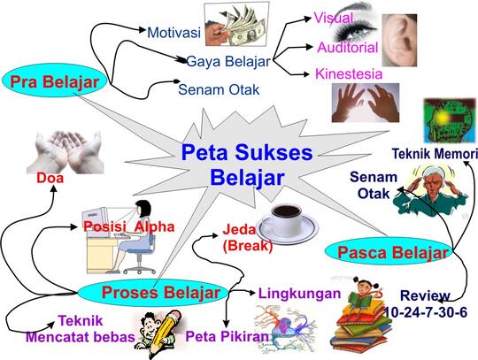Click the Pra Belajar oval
point(54,80)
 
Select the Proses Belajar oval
point(153,293)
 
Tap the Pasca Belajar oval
point(389,251)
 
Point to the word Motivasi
point(173,33)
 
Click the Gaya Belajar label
point(228,62)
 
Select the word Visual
point(334,18)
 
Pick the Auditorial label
point(348,48)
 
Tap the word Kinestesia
point(349,74)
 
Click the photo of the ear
point(399,40)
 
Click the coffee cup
point(287,223)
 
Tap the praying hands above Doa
point(65,152)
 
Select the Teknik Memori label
point(435,154)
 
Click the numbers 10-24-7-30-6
point(425,312)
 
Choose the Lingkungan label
point(300,294)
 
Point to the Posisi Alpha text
point(129,226)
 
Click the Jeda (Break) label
point(247,238)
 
